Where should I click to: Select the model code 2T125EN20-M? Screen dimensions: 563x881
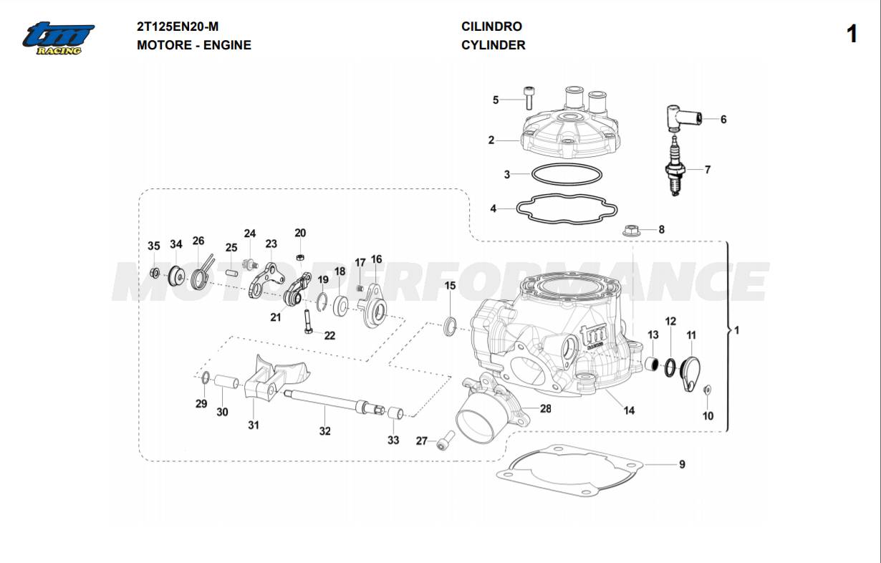178,27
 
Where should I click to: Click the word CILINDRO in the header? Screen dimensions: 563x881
491,27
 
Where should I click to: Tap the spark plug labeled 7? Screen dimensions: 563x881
674,168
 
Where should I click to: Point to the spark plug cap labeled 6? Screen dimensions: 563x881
683,118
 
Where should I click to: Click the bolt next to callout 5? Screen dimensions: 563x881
529,97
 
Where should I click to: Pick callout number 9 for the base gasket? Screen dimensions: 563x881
682,464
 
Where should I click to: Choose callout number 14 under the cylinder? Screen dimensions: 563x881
628,410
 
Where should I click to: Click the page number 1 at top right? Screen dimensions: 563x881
851,34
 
